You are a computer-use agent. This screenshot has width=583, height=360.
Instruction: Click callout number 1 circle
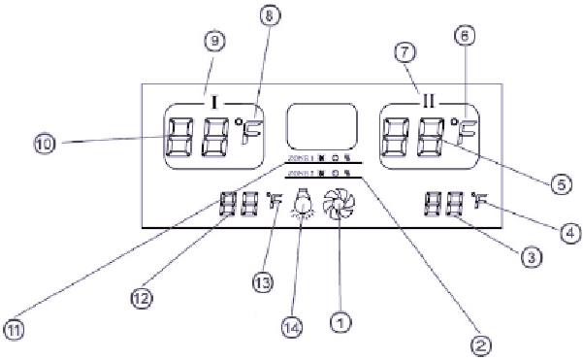click(x=340, y=316)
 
